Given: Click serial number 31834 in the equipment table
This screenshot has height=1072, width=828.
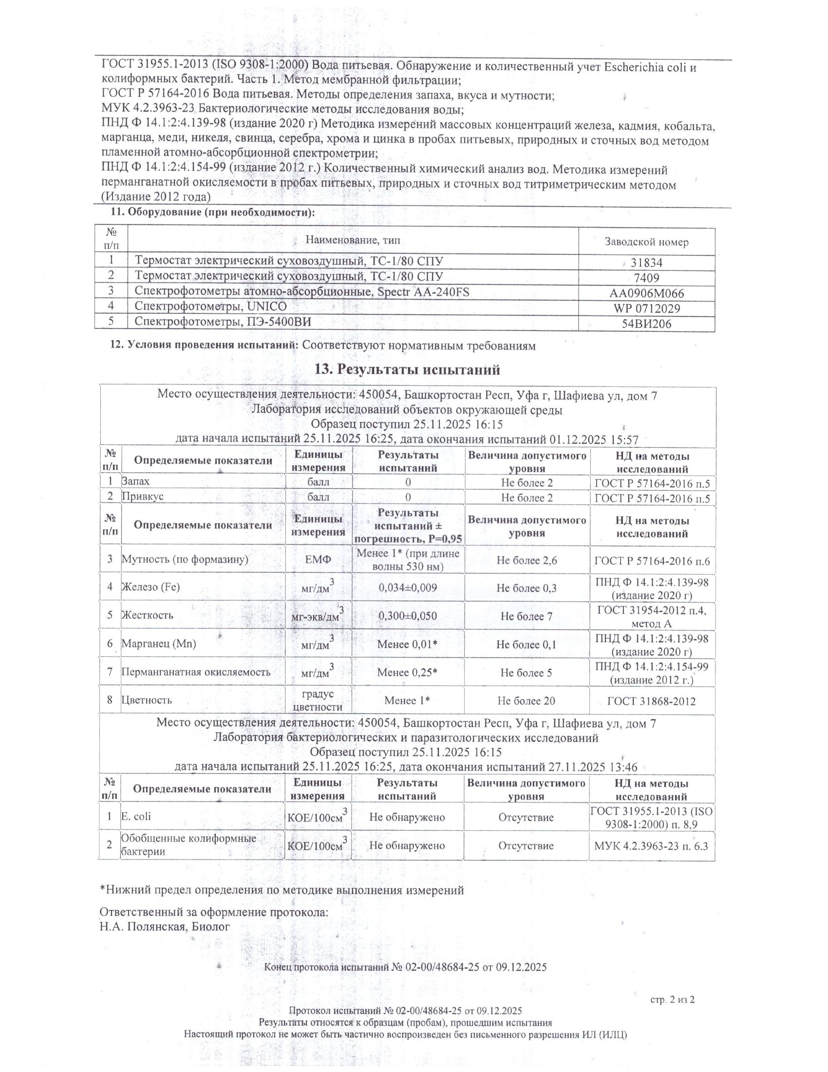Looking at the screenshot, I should click(646, 263).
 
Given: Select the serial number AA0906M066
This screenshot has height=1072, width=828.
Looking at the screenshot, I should click(646, 293).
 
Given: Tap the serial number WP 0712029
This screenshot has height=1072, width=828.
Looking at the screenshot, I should click(646, 309).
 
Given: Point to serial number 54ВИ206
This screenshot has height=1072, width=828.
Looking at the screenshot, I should click(646, 324).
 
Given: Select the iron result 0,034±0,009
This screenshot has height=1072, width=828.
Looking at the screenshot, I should click(408, 588).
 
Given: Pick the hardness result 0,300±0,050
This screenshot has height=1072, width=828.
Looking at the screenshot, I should click(408, 615).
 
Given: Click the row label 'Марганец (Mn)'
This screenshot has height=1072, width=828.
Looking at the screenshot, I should click(159, 644).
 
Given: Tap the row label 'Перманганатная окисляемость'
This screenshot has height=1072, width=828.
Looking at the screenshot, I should click(196, 672).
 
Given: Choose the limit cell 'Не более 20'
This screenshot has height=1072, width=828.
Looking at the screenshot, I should click(526, 700).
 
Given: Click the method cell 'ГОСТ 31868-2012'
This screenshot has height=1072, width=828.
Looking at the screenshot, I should click(651, 701).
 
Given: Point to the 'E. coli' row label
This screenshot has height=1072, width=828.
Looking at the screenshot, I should click(136, 816).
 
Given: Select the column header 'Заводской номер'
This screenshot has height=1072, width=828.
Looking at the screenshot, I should click(646, 242).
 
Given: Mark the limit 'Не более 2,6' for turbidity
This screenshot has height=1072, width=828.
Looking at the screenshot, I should click(527, 560).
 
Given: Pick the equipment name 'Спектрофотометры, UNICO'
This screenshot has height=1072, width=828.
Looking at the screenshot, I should click(210, 307).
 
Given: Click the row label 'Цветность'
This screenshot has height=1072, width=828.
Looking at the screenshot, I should click(147, 700).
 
